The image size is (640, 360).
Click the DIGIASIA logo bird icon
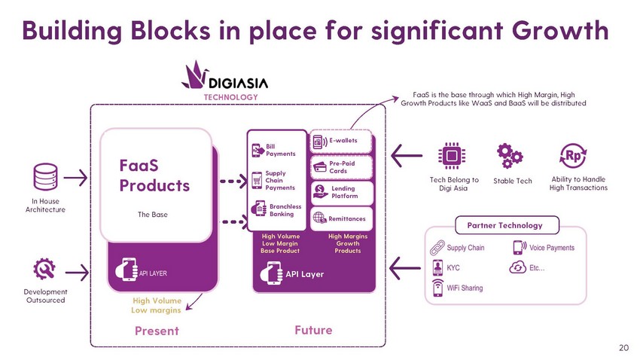(x=197, y=75)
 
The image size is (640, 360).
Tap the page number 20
(x=623, y=347)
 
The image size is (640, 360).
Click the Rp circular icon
(x=574, y=155)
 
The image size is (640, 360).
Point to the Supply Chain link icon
(x=437, y=247)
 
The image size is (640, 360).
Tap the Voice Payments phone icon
(x=519, y=247)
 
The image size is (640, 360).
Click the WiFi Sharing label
(x=465, y=288)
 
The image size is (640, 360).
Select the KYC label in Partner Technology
(x=453, y=267)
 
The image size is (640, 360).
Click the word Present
(x=157, y=331)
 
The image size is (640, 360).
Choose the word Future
(x=313, y=330)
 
